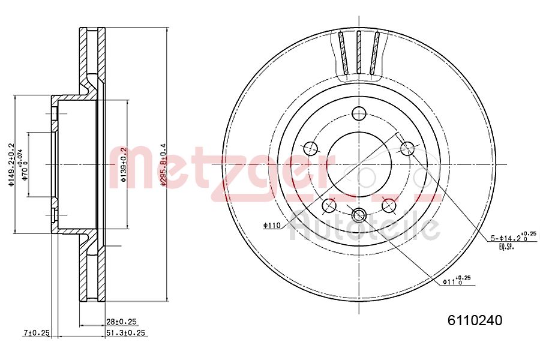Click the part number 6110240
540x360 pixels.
474,320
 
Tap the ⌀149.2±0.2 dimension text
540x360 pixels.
11,164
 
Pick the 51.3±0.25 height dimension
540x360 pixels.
125,333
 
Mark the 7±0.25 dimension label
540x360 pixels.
36,333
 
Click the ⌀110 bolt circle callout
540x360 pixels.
272,225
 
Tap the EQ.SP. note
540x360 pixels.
506,247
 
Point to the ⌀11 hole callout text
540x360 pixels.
456,280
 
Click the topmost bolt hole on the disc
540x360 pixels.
359,113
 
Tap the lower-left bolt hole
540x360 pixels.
329,205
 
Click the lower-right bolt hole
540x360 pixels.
389,205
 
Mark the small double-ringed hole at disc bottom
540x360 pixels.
359,214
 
